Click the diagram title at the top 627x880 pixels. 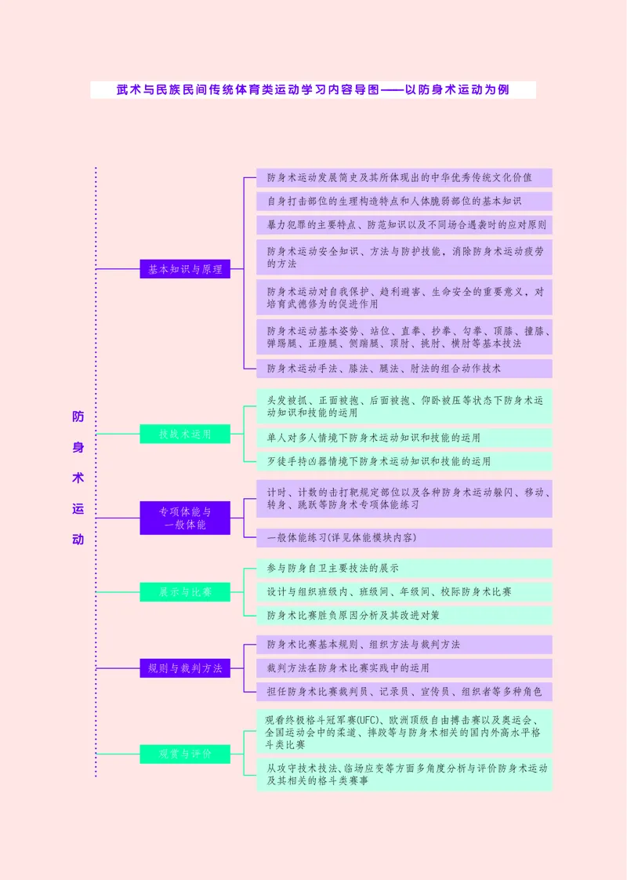313,90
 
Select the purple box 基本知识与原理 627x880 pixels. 185,269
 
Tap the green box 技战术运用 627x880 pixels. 185,434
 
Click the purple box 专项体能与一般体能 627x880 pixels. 185,518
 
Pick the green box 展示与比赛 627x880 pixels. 185,591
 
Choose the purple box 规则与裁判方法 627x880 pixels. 185,668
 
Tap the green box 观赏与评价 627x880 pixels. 185,755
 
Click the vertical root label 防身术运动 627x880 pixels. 78,478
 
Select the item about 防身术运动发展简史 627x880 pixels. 404,177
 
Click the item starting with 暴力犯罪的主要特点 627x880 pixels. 404,225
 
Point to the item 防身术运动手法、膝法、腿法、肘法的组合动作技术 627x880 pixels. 404,368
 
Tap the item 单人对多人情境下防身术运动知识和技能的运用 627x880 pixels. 404,438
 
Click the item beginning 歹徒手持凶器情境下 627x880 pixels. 404,461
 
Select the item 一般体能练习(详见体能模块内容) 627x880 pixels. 404,537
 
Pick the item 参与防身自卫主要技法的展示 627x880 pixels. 404,568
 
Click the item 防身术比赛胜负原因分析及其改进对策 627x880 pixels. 404,615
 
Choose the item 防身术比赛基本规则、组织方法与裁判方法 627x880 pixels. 404,645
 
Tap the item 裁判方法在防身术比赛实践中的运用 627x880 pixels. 404,668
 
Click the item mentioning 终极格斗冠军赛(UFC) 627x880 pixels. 404,732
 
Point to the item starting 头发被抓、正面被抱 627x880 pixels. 404,406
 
